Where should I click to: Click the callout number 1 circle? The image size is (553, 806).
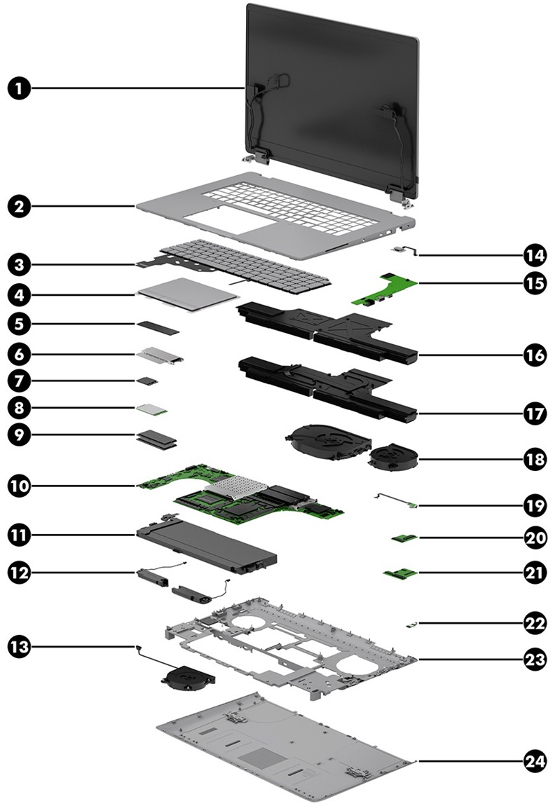(21, 88)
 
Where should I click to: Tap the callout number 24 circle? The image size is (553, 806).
(535, 760)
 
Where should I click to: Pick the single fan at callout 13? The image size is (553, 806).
(186, 676)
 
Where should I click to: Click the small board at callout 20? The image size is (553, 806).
(404, 538)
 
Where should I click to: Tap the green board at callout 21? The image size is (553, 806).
(401, 575)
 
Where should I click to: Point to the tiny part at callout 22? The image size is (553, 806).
(412, 622)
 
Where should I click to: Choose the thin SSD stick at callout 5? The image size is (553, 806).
(158, 326)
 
